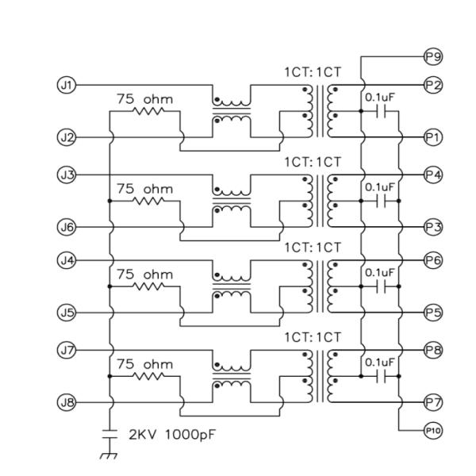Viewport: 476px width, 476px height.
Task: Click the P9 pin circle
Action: click(433, 57)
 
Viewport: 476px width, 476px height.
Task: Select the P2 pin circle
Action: click(433, 84)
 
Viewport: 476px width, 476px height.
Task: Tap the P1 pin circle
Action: click(433, 137)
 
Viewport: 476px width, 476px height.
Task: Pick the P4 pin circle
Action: click(433, 173)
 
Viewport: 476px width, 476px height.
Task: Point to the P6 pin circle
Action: click(433, 260)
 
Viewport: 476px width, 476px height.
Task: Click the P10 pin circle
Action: click(433, 430)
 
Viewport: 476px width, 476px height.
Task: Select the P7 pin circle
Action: click(433, 402)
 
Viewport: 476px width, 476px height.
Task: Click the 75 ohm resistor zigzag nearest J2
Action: click(148, 112)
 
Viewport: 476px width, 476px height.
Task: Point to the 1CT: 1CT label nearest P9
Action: click(313, 72)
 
